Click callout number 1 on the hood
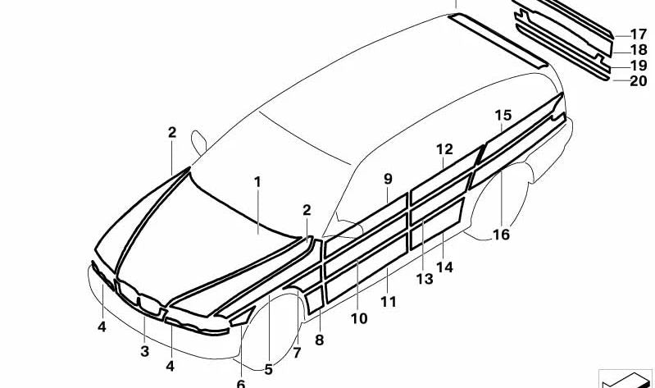(x=257, y=182)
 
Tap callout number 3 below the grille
(x=144, y=351)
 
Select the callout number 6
(x=241, y=383)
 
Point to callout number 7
(x=297, y=353)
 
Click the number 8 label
(x=319, y=340)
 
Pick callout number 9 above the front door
(x=388, y=180)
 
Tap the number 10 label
(x=359, y=318)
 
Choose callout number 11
(x=388, y=302)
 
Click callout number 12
(x=444, y=149)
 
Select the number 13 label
(x=425, y=279)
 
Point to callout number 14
(x=444, y=267)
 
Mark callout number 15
(x=503, y=115)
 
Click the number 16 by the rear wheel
(x=501, y=235)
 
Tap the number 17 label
(x=639, y=34)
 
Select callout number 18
(x=639, y=50)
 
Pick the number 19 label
(x=639, y=66)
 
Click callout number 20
(x=639, y=80)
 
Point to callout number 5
(x=268, y=370)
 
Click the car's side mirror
(x=198, y=142)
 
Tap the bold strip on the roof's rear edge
(x=497, y=39)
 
